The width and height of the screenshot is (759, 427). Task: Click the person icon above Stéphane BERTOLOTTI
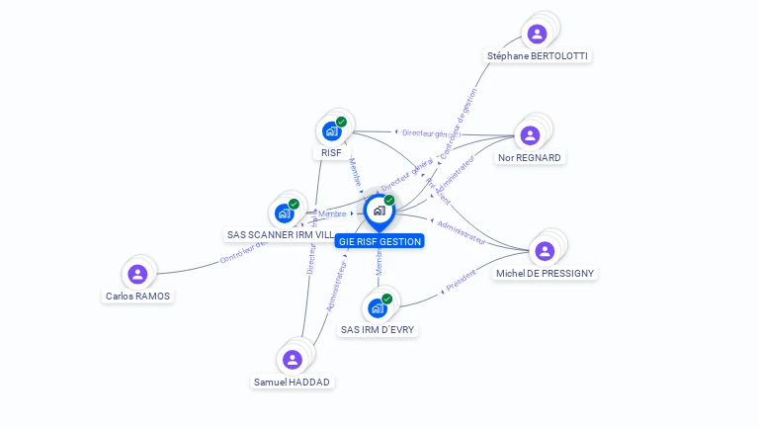pos(537,35)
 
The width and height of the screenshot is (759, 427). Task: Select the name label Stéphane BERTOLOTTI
pos(538,56)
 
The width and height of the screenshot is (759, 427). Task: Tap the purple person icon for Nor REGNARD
pos(530,135)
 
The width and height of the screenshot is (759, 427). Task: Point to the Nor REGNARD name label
pos(530,157)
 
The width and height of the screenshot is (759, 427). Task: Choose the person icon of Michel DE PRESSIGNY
pos(545,251)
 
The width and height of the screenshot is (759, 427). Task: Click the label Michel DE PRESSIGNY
pos(546,273)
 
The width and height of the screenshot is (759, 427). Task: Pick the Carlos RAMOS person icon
pos(137,274)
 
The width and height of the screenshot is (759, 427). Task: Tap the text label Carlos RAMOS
pos(137,296)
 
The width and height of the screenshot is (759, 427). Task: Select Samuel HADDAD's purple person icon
pos(292,360)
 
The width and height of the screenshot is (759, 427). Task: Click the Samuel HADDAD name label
pos(293,382)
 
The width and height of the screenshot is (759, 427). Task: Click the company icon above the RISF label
pos(332,130)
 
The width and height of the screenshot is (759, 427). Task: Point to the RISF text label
pos(332,153)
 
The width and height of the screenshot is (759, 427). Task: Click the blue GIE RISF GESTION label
pos(379,241)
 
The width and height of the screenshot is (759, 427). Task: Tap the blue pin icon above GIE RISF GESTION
pos(379,211)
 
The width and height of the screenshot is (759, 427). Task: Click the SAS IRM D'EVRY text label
pos(378,329)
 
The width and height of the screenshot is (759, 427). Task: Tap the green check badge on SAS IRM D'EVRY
pos(386,299)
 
